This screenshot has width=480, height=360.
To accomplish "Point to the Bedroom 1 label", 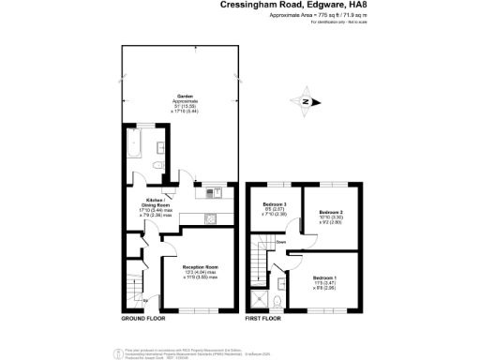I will tap(325, 282).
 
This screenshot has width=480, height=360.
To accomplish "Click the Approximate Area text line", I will tap(306, 16).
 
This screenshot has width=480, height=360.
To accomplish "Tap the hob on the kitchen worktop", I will tap(212, 220).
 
